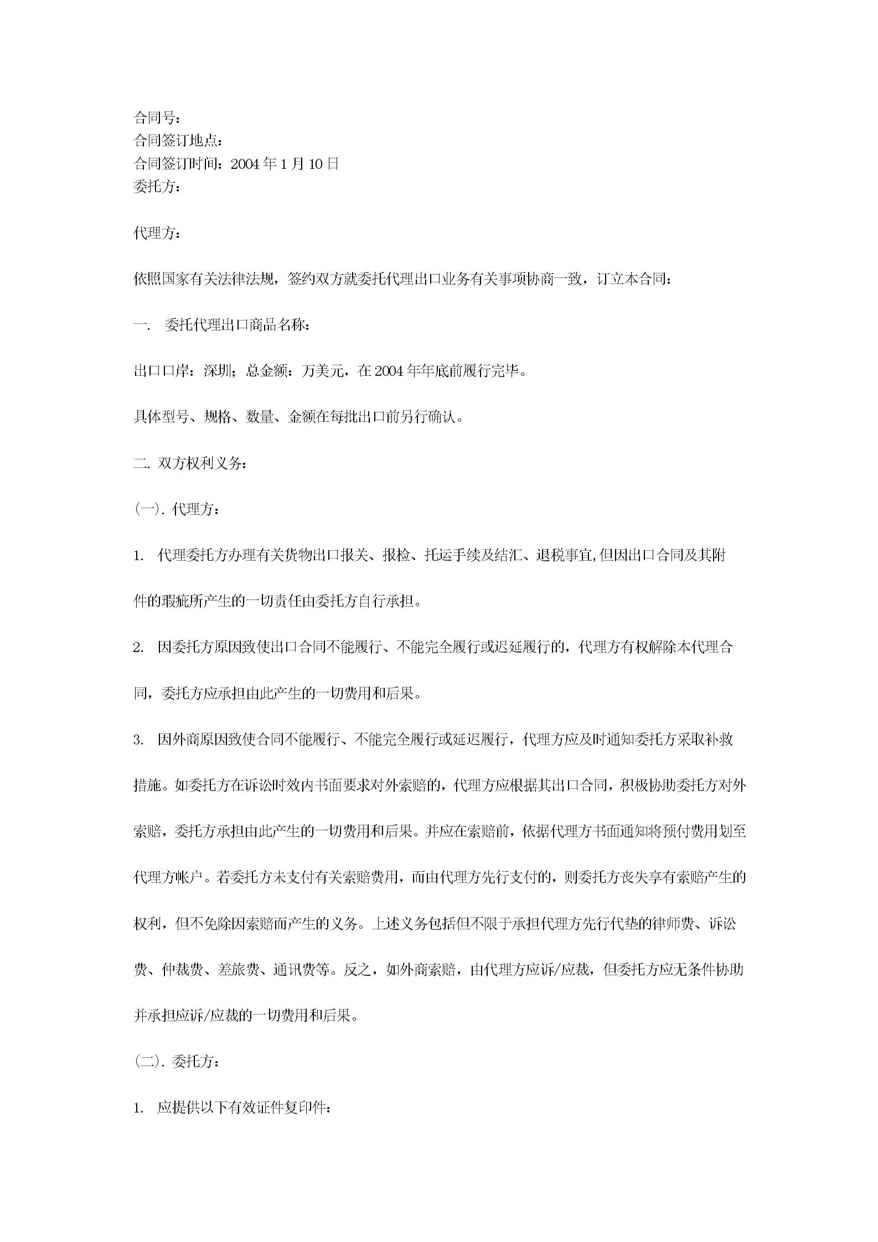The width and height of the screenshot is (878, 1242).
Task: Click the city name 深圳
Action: (218, 371)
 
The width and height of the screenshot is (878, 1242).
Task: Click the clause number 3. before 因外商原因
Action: (138, 740)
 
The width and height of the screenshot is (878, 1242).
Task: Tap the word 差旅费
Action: (238, 970)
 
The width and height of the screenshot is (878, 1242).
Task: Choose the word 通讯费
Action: (294, 970)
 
